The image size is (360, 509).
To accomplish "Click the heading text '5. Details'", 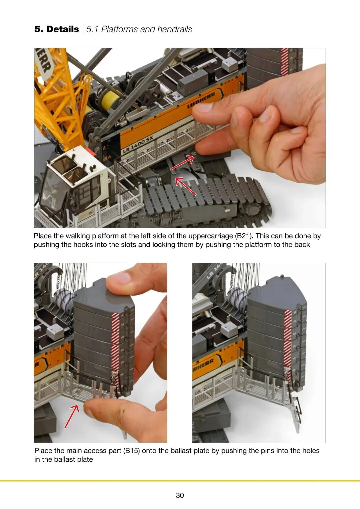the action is tap(57, 29).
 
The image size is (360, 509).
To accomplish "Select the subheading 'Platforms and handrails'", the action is tap(146, 29).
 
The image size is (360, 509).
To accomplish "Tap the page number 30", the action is tap(180, 495).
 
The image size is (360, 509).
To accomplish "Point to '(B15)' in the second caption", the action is tap(131, 451).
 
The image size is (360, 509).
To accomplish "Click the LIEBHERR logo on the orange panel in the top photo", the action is tap(201, 100).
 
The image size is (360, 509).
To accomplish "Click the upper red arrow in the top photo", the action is tap(182, 163).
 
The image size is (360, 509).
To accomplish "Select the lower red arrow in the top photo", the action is tap(185, 186).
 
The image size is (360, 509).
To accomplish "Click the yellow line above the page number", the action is tap(180, 481).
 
